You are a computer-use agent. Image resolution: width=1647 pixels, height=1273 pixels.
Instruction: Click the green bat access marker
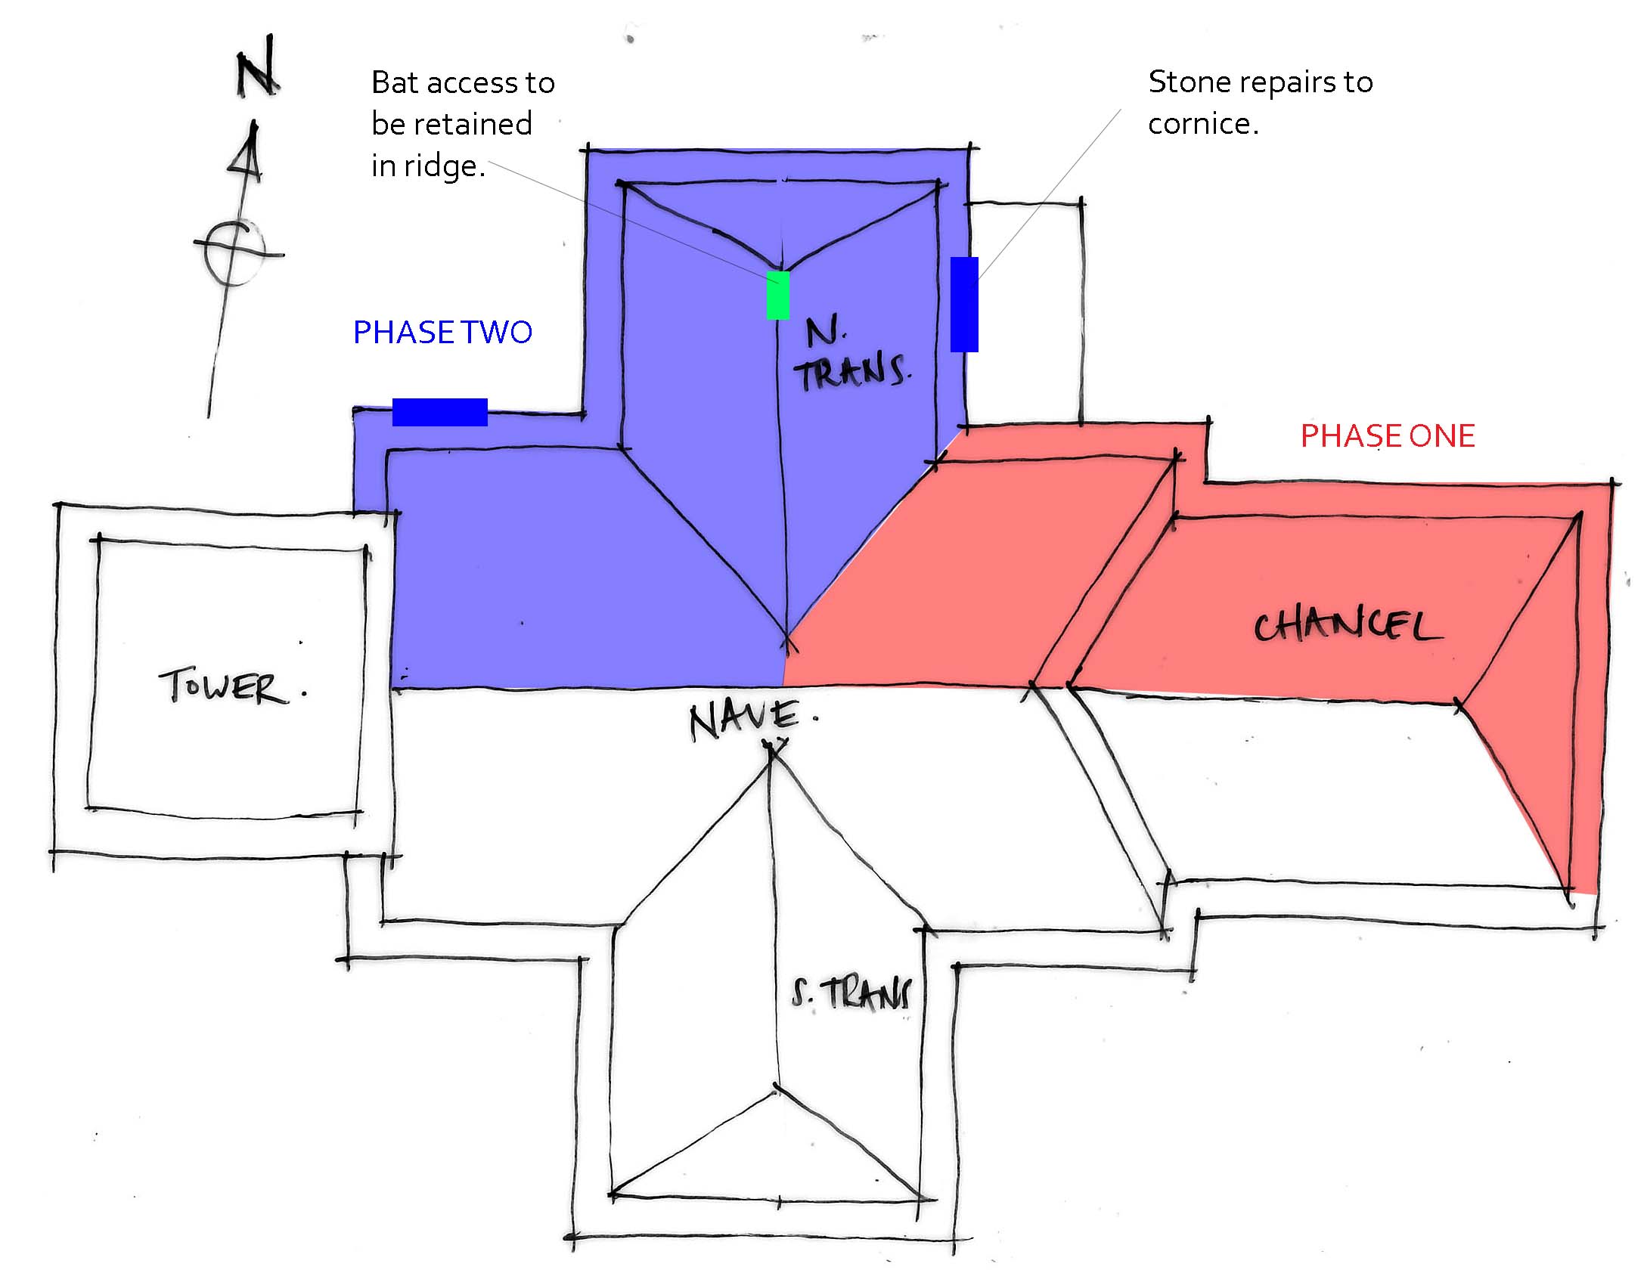778,296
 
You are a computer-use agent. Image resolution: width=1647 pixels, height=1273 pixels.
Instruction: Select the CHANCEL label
1347,627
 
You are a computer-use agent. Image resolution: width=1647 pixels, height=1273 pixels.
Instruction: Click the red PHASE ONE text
1388,436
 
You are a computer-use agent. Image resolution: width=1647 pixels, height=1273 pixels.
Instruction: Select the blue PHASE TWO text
442,333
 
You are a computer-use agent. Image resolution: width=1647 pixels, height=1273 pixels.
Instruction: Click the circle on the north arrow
234,251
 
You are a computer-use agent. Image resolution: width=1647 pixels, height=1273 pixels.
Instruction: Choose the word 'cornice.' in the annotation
1203,124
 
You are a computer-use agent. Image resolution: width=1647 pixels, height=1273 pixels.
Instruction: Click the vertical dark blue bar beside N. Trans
964,304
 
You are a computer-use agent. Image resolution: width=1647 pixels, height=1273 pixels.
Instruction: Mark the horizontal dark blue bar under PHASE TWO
439,412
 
